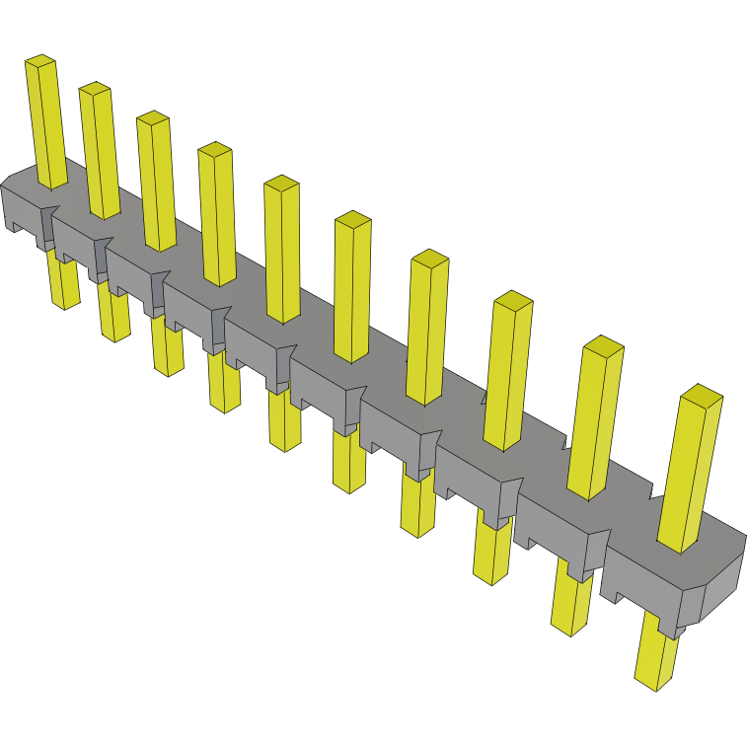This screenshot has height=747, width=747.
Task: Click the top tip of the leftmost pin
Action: [40, 61]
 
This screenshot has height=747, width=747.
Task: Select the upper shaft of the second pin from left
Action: [101, 153]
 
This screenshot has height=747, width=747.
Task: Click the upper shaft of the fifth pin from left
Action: [282, 252]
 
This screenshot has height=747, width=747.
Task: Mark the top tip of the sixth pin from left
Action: [353, 220]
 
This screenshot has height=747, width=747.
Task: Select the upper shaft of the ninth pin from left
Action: [595, 419]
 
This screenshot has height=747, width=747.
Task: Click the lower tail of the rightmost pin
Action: [655, 655]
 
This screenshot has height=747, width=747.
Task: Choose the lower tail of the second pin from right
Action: [570, 602]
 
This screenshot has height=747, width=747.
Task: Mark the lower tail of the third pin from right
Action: [490, 553]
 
